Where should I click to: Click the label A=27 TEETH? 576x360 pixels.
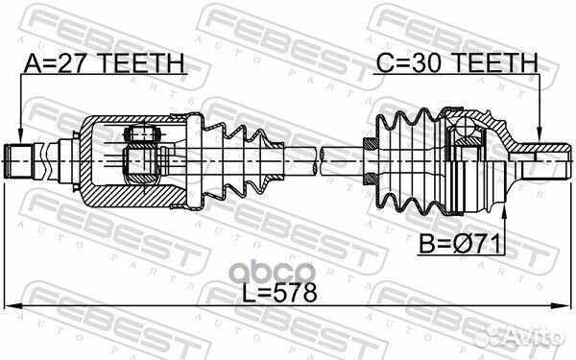(104, 63)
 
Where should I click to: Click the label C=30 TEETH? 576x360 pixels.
(457, 62)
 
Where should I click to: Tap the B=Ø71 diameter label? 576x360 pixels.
(460, 244)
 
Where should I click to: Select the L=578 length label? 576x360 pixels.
(279, 294)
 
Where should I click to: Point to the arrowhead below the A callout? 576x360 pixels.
(20, 136)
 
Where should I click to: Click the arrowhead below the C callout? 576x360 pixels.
(539, 136)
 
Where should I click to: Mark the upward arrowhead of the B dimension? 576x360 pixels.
(504, 214)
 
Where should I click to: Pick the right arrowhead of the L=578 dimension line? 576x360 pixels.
(563, 305)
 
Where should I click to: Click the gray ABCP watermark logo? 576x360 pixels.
(275, 273)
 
